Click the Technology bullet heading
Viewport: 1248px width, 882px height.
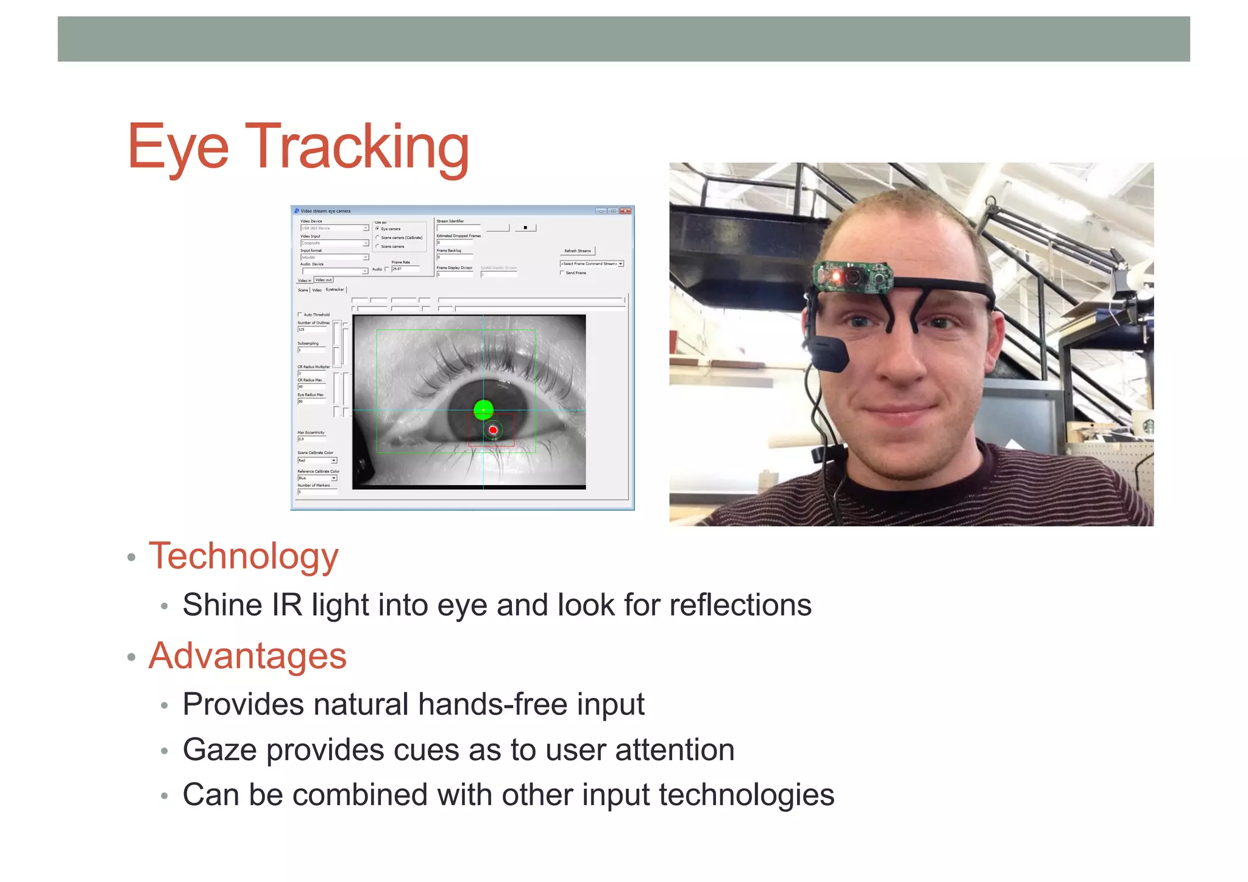243,556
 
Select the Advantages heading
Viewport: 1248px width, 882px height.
247,656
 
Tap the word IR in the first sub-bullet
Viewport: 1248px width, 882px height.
286,605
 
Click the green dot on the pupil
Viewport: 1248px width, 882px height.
483,410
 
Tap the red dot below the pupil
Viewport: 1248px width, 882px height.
493,430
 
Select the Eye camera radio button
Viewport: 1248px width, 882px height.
378,229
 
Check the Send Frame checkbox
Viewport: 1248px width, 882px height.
562,272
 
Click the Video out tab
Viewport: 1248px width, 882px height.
324,280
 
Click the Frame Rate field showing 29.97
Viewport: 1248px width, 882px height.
405,269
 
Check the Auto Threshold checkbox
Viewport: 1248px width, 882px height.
300,315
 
